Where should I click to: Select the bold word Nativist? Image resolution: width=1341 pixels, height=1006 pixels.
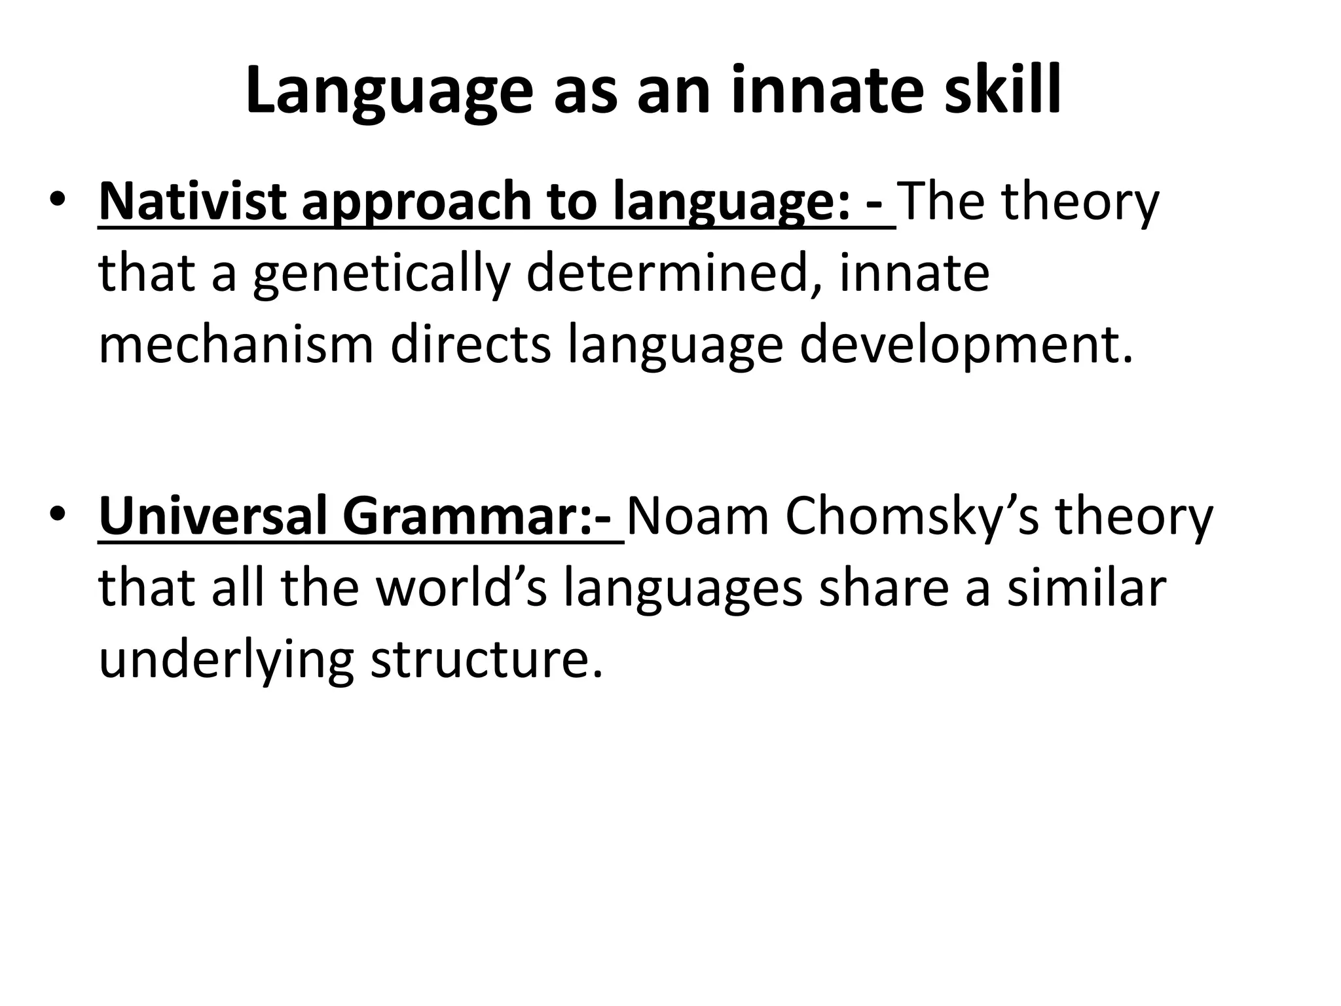[x=191, y=202]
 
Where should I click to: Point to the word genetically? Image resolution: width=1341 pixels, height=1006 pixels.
[x=380, y=274]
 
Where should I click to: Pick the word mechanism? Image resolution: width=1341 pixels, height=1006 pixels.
[x=236, y=345]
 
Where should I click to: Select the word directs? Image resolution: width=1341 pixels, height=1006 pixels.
[x=471, y=345]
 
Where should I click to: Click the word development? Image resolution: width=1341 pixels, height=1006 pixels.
[x=965, y=345]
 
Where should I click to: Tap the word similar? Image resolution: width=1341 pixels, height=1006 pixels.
[x=1087, y=587]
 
